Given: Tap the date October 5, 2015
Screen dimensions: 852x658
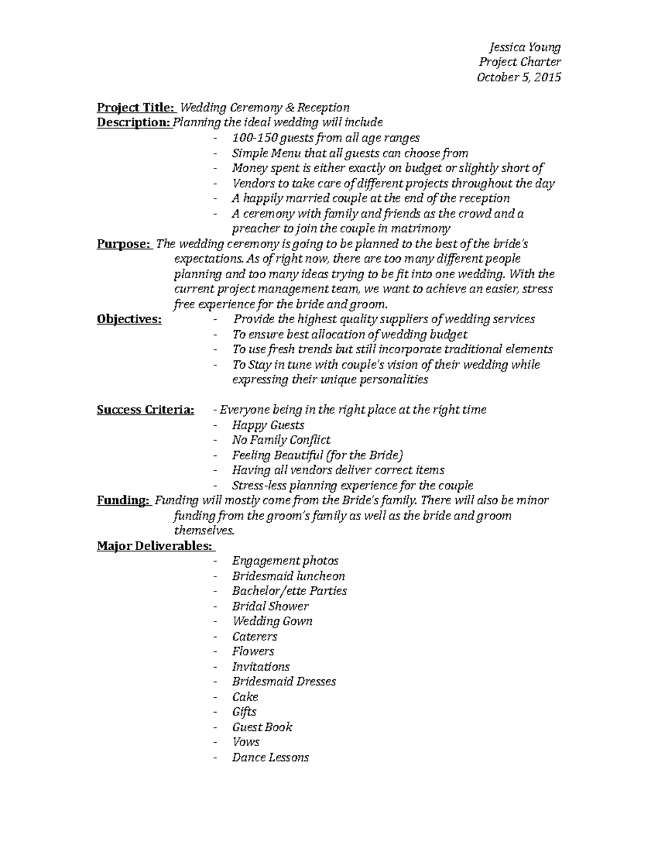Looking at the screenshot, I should coord(519,77).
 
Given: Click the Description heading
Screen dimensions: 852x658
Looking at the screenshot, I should coord(134,122).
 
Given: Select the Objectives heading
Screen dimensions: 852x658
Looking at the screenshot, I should coord(129,319).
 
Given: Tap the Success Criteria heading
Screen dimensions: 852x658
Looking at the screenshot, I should coord(145,410).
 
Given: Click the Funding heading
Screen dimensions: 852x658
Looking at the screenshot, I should coord(123,500).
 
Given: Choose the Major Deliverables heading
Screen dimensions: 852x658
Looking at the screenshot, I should coord(155,546).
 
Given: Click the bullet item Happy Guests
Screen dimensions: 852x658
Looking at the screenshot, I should coord(268,425).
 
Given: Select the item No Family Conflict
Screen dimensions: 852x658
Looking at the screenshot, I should coord(281,440).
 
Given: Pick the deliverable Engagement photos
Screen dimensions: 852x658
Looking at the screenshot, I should coord(285,561).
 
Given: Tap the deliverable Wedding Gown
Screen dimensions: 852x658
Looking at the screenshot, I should coord(272,621).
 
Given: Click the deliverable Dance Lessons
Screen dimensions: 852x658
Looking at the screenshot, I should coord(270,758).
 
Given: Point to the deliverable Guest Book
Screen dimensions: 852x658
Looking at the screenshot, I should coord(262,727).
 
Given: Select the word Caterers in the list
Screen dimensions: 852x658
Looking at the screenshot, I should coord(254,636).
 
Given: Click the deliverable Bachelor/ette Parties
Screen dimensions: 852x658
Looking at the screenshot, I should coord(289,591).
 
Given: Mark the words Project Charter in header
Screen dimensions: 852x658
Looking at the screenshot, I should coord(520,63).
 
